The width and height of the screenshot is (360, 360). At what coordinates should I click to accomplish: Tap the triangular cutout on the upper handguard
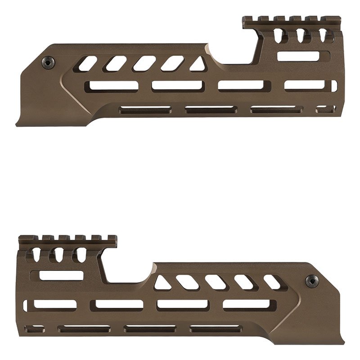point(197,64)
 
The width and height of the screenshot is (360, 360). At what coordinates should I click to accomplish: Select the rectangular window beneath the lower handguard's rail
point(62,275)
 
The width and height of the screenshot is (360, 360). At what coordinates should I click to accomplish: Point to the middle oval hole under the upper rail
point(296,36)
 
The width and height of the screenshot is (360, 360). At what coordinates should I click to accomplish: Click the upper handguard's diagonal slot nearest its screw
point(88,63)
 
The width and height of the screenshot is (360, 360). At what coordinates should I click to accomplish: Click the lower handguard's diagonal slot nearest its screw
point(273,282)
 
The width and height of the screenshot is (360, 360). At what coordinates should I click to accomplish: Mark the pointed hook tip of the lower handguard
point(343,342)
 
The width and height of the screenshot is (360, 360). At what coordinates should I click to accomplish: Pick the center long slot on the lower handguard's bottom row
point(150,328)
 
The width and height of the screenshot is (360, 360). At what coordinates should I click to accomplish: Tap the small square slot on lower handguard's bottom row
point(36,328)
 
